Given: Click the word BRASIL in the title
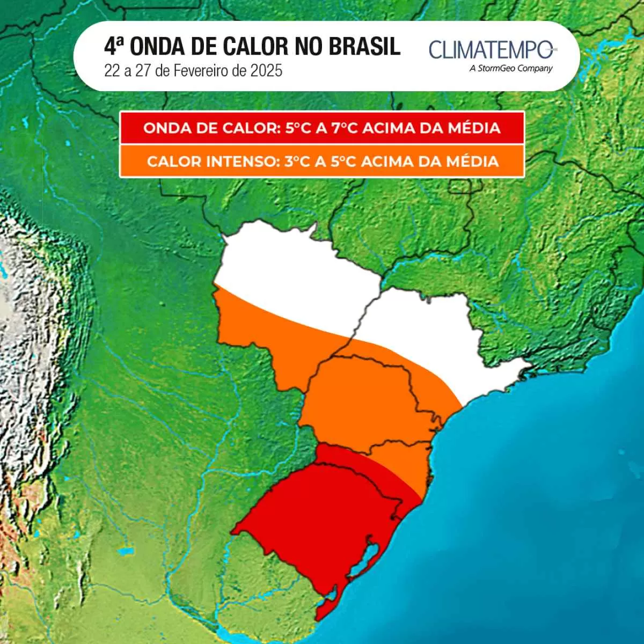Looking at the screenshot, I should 364,47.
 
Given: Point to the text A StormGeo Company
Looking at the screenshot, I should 510,68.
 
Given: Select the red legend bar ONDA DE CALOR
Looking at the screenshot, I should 321,128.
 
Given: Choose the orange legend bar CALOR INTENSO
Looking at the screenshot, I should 321,161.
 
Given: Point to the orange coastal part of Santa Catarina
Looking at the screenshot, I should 402,462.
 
